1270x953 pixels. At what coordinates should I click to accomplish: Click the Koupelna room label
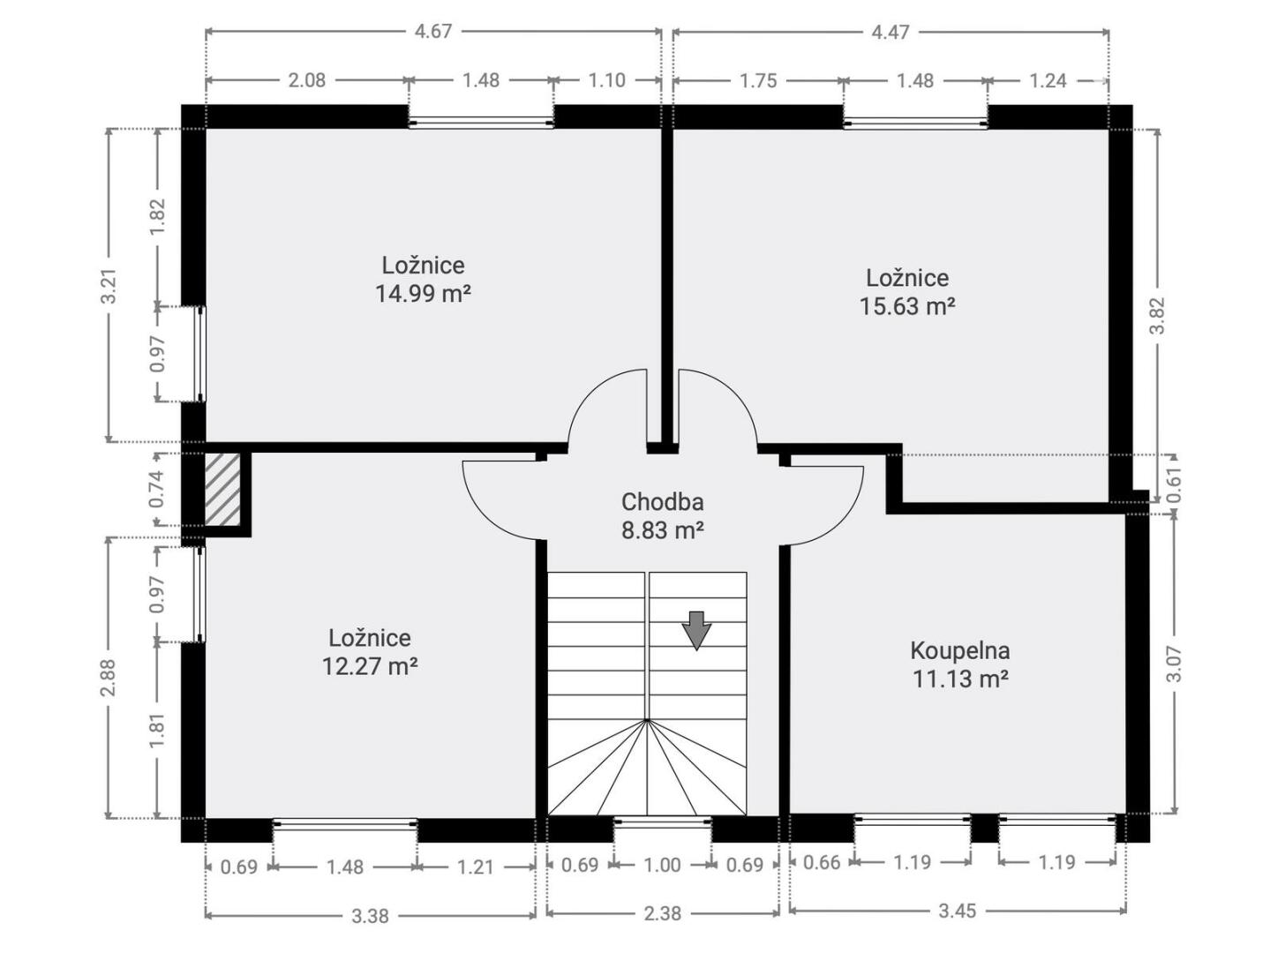960,650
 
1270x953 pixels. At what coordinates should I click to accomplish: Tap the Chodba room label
663,502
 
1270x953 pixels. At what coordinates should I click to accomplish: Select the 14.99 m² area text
423,294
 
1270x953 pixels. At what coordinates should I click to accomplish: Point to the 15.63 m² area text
906,306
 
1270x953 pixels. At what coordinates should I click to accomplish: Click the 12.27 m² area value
370,666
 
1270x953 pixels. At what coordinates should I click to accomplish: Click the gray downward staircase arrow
696,631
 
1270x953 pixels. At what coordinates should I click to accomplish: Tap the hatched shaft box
222,489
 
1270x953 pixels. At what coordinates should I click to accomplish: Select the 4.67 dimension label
432,31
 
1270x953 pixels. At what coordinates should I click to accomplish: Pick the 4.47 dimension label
891,32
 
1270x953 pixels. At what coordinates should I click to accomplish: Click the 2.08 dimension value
306,79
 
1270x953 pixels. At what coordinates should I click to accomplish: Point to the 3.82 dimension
1158,316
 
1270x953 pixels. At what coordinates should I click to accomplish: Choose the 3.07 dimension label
1175,664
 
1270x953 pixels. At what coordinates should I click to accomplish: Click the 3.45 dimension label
957,911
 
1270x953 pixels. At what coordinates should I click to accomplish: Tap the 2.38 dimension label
663,913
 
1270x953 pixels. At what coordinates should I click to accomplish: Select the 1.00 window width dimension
663,865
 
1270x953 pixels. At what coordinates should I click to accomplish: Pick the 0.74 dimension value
157,489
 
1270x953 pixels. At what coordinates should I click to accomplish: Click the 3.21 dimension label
109,285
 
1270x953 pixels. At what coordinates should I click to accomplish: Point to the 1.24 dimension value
1048,80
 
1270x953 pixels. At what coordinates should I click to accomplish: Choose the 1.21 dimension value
476,867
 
